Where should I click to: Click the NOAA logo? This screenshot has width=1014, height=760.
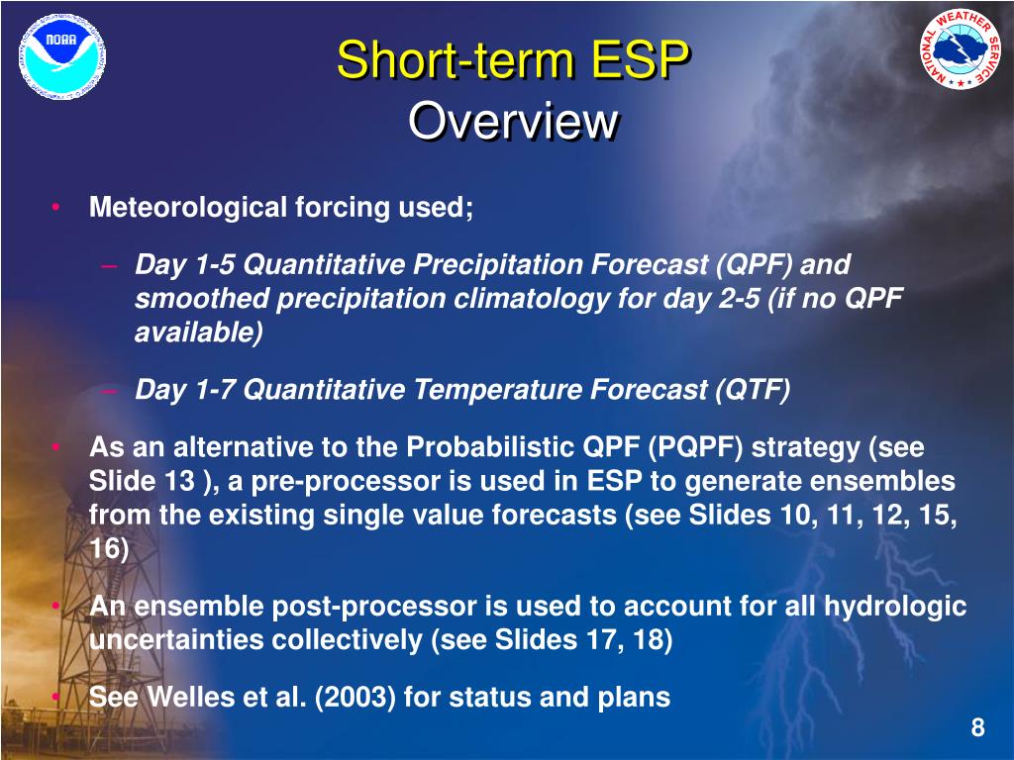click(x=62, y=57)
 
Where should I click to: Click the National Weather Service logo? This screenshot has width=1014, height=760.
click(x=962, y=49)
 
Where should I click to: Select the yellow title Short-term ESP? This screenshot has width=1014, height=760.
click(x=513, y=60)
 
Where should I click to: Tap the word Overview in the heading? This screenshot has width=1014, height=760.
click(x=513, y=121)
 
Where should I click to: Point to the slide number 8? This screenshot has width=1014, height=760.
click(x=977, y=727)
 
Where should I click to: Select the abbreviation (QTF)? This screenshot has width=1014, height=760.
click(x=753, y=390)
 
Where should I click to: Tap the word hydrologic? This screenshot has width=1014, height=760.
click(x=895, y=607)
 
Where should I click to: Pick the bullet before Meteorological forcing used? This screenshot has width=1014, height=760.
click(x=56, y=207)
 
